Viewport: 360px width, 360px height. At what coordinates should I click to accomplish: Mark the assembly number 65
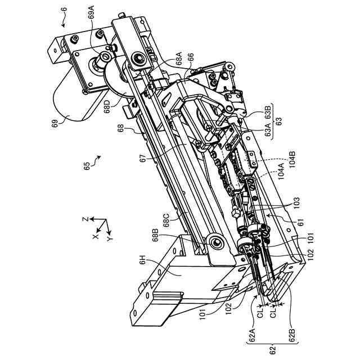87,166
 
